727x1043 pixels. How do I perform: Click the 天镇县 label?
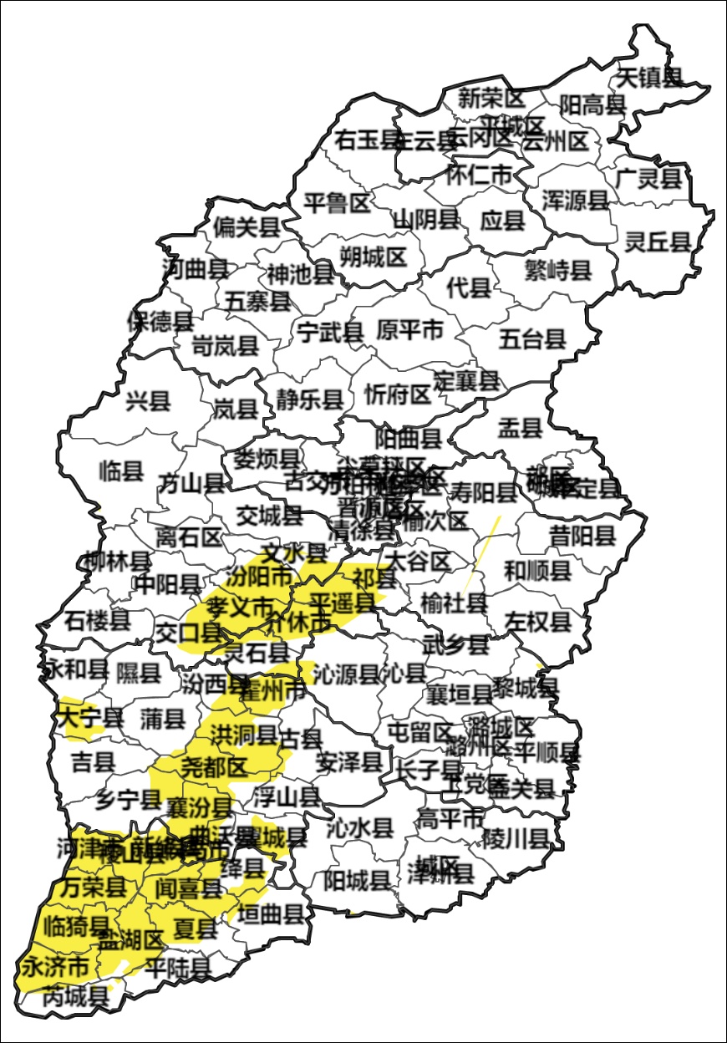pyautogui.click(x=649, y=78)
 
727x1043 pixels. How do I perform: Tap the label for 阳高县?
pyautogui.click(x=592, y=104)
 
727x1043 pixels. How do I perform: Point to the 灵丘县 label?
pyautogui.click(x=658, y=242)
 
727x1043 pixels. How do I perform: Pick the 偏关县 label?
pyautogui.click(x=246, y=226)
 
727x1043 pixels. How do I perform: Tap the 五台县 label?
pyautogui.click(x=532, y=338)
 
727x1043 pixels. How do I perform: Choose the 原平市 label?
pyautogui.click(x=409, y=329)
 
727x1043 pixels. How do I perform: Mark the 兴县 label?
pyautogui.click(x=148, y=401)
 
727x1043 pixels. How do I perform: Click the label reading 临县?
pyautogui.click(x=121, y=471)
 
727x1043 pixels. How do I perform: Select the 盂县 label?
pyautogui.click(x=520, y=430)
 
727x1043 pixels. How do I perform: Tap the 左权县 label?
pyautogui.click(x=538, y=621)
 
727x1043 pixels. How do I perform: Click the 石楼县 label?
pyautogui.click(x=97, y=620)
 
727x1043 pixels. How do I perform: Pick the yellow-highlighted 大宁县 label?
pyautogui.click(x=89, y=716)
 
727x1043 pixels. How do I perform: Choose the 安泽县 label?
pyautogui.click(x=349, y=761)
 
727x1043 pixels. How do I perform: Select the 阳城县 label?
pyautogui.click(x=357, y=879)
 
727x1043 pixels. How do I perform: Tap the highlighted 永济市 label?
pyautogui.click(x=54, y=969)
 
